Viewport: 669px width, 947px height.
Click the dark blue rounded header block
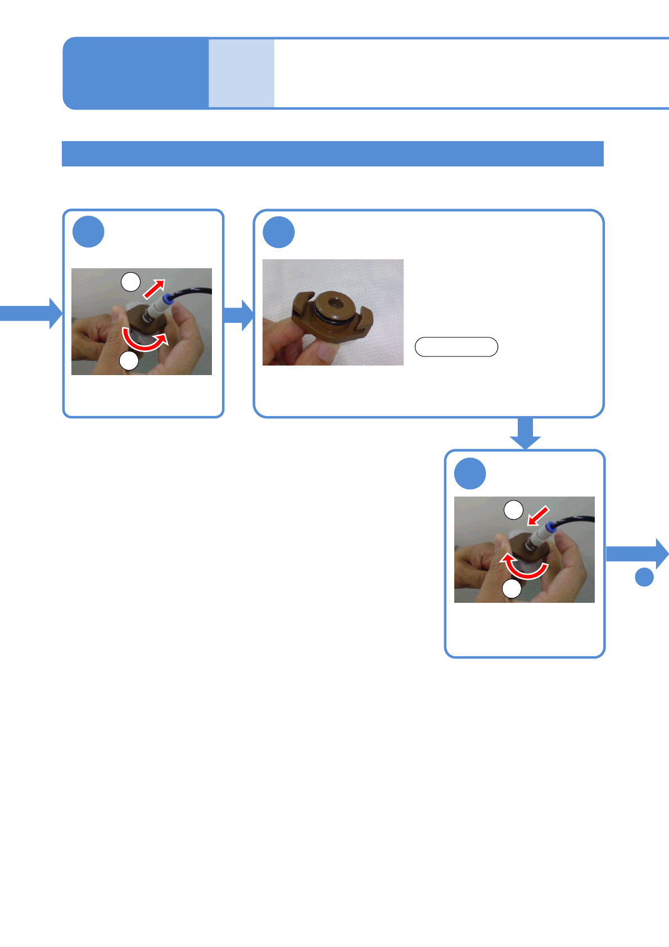[x=135, y=73]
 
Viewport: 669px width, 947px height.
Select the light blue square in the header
[x=241, y=73]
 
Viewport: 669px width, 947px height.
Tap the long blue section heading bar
[x=332, y=154]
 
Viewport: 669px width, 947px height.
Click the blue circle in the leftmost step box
[x=88, y=232]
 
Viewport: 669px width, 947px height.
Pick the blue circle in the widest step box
[x=279, y=232]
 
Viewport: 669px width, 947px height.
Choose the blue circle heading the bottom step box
[x=470, y=474]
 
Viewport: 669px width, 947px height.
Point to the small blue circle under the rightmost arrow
[x=644, y=577]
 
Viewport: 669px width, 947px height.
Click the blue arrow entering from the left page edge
[x=31, y=313]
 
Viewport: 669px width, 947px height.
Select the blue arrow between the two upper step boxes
[x=239, y=315]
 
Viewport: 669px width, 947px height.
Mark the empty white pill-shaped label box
[x=456, y=347]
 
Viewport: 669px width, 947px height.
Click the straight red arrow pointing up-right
[x=155, y=288]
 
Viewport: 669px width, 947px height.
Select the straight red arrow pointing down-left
[x=538, y=515]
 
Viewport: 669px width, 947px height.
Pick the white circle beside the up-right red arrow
[x=131, y=282]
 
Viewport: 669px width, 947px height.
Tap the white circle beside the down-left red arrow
[x=513, y=510]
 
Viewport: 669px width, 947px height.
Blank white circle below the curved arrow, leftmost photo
[x=129, y=360]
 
